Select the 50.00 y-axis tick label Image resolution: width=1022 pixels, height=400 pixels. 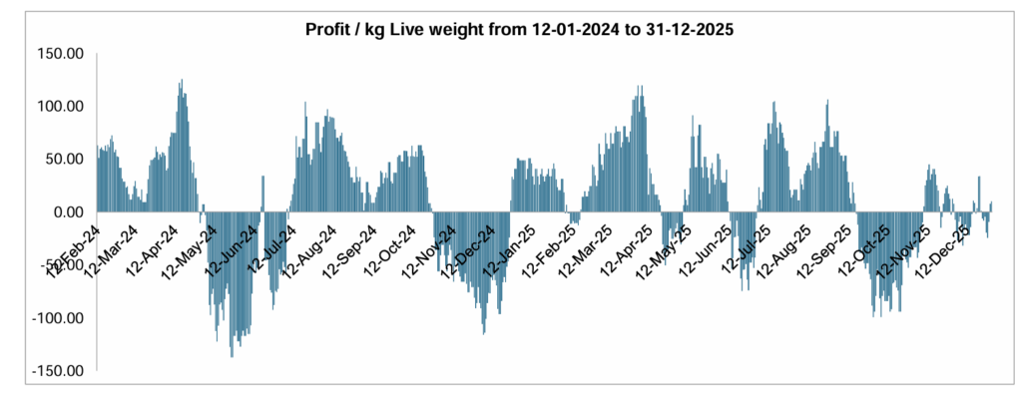[x=66, y=159]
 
